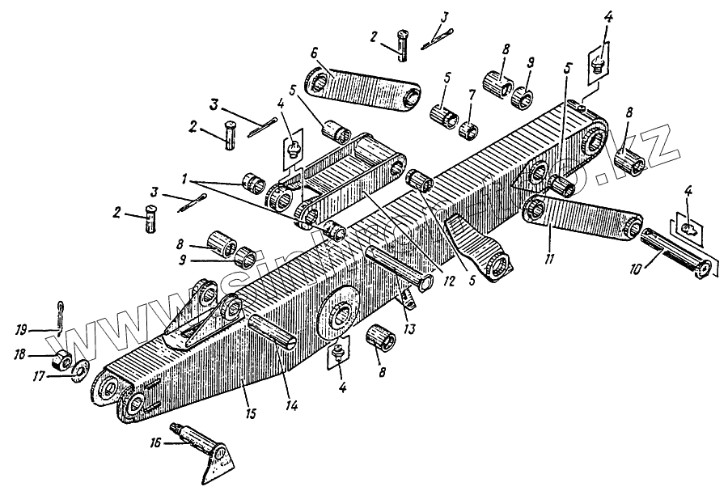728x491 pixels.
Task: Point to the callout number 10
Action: (636, 265)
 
